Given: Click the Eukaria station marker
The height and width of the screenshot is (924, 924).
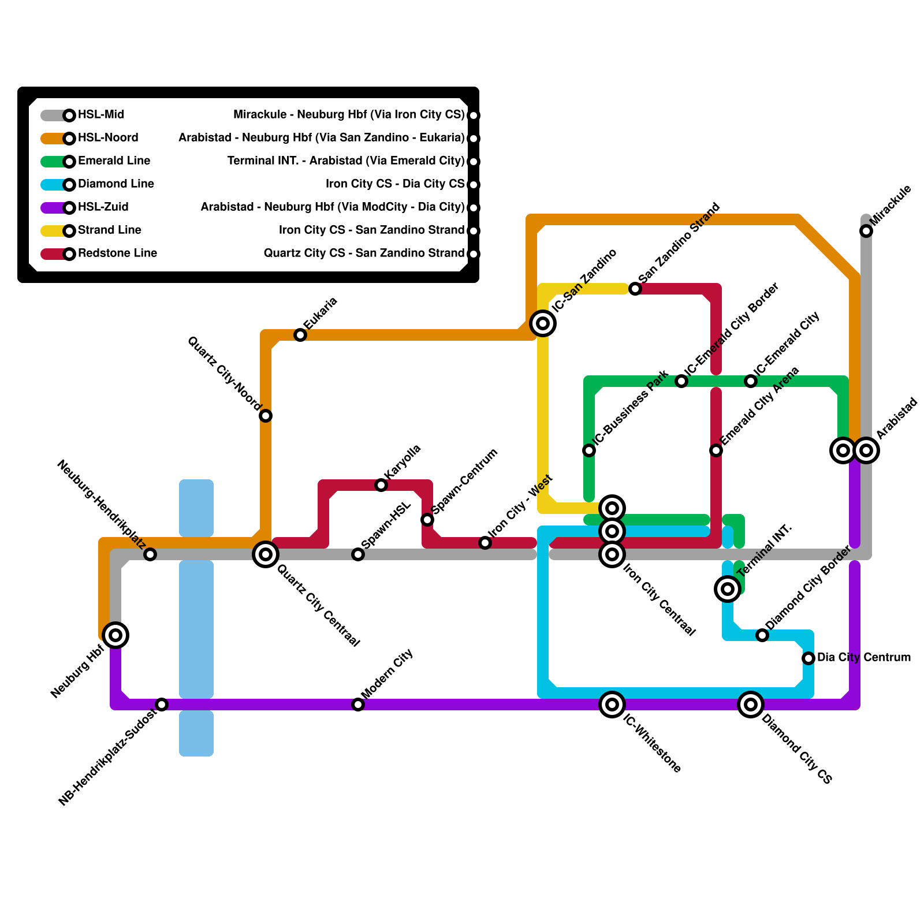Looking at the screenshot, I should pyautogui.click(x=300, y=335).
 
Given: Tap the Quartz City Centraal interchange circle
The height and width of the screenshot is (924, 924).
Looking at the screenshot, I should pyautogui.click(x=266, y=554).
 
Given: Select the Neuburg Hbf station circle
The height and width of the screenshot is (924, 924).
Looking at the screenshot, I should pyautogui.click(x=115, y=635).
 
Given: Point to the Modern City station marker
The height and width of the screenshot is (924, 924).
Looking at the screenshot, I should pyautogui.click(x=358, y=705).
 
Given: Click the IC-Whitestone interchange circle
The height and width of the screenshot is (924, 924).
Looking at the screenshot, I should pyautogui.click(x=612, y=705).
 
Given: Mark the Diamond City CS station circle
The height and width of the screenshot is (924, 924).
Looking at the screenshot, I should pyautogui.click(x=751, y=705).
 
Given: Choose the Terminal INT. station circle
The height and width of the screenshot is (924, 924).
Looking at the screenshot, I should pyautogui.click(x=728, y=589).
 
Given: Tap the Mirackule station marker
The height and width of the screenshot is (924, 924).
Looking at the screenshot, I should pyautogui.click(x=866, y=231).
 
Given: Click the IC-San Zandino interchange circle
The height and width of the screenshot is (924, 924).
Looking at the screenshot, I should pyautogui.click(x=543, y=323).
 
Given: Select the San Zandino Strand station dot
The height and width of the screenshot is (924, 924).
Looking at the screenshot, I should pyautogui.click(x=635, y=289).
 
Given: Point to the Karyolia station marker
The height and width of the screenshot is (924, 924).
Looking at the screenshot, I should pyautogui.click(x=381, y=485).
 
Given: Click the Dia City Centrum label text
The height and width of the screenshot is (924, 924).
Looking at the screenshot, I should pyautogui.click(x=863, y=658).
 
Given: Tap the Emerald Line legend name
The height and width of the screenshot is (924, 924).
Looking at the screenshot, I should pyautogui.click(x=114, y=161).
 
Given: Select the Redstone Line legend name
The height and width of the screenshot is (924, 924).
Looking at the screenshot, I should pyautogui.click(x=117, y=254).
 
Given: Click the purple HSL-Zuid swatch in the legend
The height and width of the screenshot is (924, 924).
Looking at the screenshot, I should pyautogui.click(x=53, y=208).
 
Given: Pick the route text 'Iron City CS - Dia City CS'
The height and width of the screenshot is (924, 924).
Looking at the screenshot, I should pyautogui.click(x=395, y=184).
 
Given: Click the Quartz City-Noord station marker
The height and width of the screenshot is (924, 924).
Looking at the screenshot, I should pyautogui.click(x=266, y=416).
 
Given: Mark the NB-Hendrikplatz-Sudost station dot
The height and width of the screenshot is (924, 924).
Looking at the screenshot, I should pyautogui.click(x=162, y=705).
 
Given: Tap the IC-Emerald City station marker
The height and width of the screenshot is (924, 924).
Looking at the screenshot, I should pyautogui.click(x=751, y=381).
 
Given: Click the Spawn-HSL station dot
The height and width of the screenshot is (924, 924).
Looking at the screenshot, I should pyautogui.click(x=358, y=554).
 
